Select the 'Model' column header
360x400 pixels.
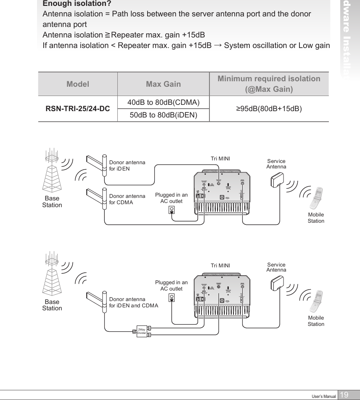[x=78, y=84]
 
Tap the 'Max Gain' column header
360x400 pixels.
[x=163, y=84]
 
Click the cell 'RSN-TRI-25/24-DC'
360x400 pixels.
[x=78, y=109]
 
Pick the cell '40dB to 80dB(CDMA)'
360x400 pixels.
[x=163, y=103]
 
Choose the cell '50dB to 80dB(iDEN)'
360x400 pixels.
[x=163, y=115]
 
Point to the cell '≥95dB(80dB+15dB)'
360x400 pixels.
[x=269, y=109]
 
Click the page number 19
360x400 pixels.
[x=344, y=395]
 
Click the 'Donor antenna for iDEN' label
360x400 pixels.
[x=127, y=165]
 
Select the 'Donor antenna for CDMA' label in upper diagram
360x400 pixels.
[x=127, y=199]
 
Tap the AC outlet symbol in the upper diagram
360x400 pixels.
[x=172, y=210]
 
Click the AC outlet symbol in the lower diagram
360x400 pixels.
[x=172, y=298]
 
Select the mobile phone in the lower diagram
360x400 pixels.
[x=315, y=300]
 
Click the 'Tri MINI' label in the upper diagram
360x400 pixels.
[x=220, y=158]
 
